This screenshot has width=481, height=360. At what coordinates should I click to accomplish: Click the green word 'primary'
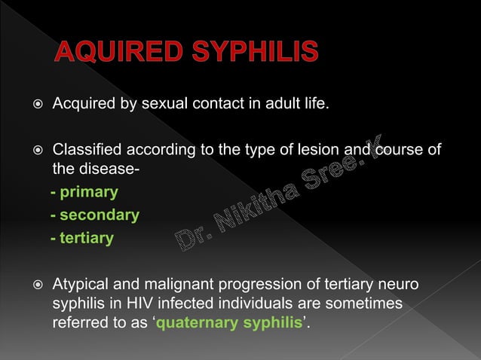(x=89, y=192)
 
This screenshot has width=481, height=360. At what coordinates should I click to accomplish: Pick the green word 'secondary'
(x=100, y=215)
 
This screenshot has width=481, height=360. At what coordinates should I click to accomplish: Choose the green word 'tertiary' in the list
(x=87, y=239)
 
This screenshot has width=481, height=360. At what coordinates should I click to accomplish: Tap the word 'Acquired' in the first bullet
(x=81, y=102)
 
